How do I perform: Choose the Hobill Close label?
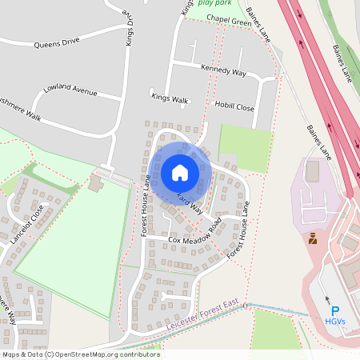point(234,106)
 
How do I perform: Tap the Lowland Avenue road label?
point(70,90)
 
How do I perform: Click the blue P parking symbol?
point(335,311)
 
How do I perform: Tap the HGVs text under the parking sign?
point(335,322)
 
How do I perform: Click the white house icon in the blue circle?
point(180,173)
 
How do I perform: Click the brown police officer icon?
point(312,238)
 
